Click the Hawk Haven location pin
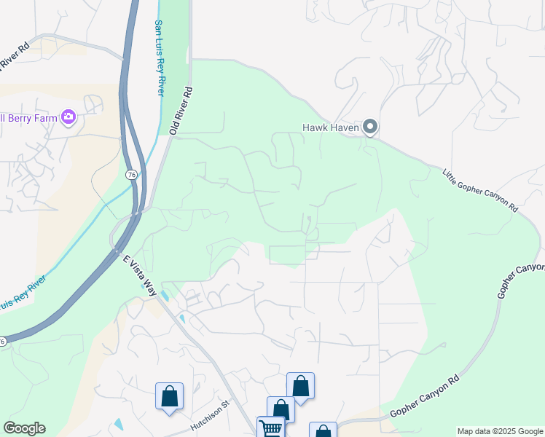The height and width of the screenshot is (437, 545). pyautogui.click(x=370, y=127)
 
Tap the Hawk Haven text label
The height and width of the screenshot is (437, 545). pyautogui.click(x=332, y=128)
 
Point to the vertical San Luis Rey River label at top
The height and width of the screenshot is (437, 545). pyautogui.click(x=159, y=58)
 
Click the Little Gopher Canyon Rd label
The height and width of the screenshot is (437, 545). pyautogui.click(x=480, y=190)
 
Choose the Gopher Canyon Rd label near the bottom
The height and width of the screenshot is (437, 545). pyautogui.click(x=426, y=398)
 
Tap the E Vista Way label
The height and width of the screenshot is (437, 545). pyautogui.click(x=139, y=275)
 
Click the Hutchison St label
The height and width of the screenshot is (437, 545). pyautogui.click(x=210, y=414)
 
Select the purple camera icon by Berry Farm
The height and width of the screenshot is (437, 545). pyautogui.click(x=68, y=117)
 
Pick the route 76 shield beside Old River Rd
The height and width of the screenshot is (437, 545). pyautogui.click(x=131, y=175)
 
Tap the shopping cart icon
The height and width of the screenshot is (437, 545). pyautogui.click(x=270, y=428)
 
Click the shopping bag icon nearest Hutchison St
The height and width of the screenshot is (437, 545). pyautogui.click(x=169, y=396)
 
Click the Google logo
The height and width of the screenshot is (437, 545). pyautogui.click(x=24, y=428)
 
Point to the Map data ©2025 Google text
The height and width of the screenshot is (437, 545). pyautogui.click(x=500, y=431)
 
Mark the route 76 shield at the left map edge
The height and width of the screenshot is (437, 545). pyautogui.click(x=3, y=341)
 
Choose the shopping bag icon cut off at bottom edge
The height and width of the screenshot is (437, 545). pyautogui.click(x=323, y=431)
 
